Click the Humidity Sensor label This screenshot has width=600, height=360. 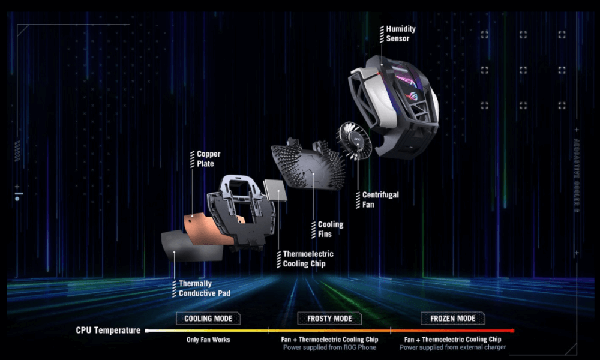[400, 34]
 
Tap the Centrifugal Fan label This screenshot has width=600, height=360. [380, 200]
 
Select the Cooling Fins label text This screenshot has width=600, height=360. [330, 229]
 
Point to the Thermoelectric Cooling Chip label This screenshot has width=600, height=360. [308, 259]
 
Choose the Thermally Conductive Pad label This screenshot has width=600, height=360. [204, 289]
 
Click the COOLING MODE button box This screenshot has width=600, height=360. [208, 319]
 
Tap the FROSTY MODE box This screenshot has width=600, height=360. [329, 319]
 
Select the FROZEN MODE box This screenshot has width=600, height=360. [452, 319]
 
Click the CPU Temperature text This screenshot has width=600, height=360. [108, 331]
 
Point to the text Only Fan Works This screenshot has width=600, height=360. [208, 340]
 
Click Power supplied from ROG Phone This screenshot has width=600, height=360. [329, 347]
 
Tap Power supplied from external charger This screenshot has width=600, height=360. [452, 347]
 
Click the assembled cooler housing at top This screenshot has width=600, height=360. [396, 102]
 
